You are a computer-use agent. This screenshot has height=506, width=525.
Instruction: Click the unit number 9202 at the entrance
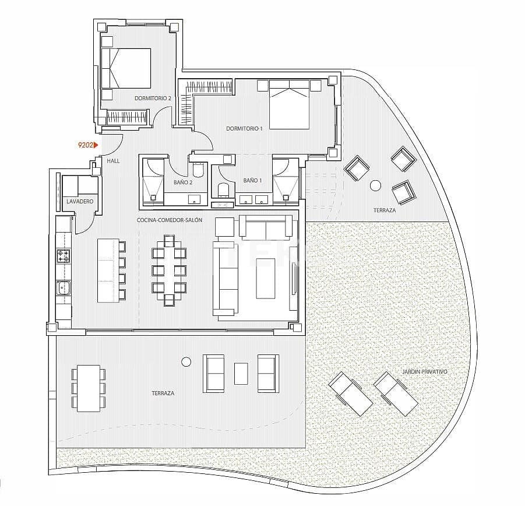(86, 145)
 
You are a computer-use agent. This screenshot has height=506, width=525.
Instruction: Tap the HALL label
(113, 160)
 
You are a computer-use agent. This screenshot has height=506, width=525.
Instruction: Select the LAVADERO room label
(80, 201)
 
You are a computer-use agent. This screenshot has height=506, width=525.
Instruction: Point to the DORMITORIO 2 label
(153, 99)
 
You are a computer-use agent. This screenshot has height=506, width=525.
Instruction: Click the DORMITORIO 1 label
(245, 129)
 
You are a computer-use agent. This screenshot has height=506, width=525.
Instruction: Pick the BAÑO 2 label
(182, 182)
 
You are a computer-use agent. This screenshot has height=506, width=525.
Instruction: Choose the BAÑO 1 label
(252, 181)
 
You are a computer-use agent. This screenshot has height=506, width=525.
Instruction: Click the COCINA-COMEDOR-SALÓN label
(169, 220)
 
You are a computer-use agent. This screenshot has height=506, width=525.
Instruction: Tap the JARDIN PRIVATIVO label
(425, 371)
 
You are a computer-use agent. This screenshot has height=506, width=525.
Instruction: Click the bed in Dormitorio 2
(126, 68)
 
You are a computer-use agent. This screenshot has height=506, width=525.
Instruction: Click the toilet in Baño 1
(222, 189)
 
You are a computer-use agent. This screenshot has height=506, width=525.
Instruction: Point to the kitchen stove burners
(63, 255)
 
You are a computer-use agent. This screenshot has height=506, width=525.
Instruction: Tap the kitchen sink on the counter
(63, 287)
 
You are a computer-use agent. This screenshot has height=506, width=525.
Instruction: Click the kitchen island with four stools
(107, 270)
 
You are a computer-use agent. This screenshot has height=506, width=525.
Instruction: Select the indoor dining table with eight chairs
(168, 270)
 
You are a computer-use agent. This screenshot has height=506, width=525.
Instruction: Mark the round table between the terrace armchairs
(375, 185)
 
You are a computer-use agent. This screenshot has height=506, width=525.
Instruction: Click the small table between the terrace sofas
(241, 373)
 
